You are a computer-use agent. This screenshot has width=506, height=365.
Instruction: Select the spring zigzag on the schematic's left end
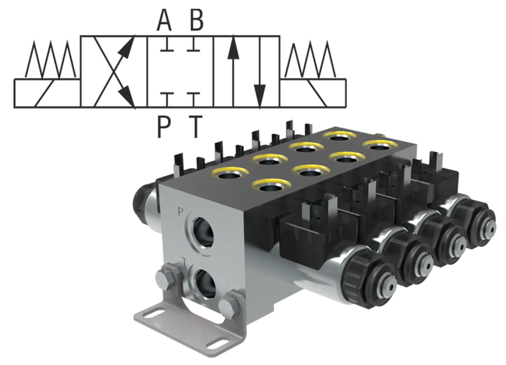point(50,59)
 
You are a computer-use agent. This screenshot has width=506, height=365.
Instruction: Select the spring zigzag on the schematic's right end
point(310,59)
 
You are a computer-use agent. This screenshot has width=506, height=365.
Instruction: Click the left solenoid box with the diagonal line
point(47,93)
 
